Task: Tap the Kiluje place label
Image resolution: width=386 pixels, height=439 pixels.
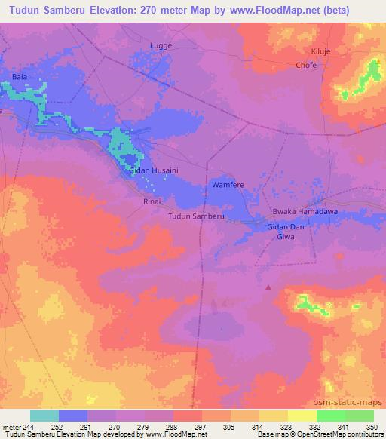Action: coord(322,51)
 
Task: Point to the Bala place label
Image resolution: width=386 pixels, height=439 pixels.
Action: coord(20,77)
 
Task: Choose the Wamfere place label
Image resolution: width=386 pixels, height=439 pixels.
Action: coord(227,184)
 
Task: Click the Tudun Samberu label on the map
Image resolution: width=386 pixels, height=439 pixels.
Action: coord(196,216)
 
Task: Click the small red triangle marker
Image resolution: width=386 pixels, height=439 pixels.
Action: coord(269,286)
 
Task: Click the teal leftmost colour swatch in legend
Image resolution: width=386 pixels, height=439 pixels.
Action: coord(44,416)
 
